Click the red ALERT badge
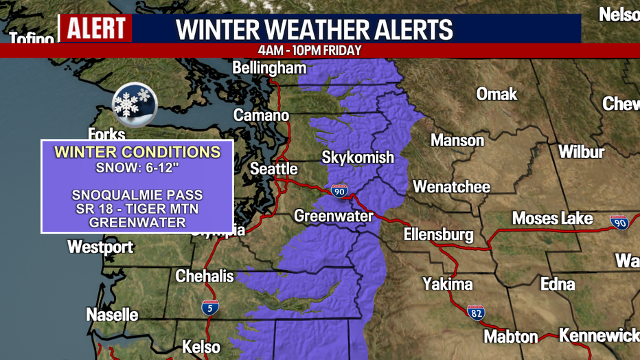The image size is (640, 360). (95, 28)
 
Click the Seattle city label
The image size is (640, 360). (273, 168)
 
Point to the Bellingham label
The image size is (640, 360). (269, 68)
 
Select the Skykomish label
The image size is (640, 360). (358, 157)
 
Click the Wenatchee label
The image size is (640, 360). (451, 187)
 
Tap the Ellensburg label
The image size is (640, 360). (438, 234)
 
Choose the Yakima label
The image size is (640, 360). (447, 284)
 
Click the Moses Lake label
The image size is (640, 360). (552, 218)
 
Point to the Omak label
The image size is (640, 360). (496, 93)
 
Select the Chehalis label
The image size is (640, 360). (205, 276)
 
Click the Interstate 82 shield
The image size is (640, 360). (476, 313)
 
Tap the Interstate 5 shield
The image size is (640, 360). (211, 308)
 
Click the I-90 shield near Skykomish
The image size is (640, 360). (339, 191)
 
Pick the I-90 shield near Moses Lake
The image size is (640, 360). (619, 222)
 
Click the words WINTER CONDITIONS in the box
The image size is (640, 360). (137, 152)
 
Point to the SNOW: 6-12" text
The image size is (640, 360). (137, 168)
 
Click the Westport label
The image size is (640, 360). (100, 247)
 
